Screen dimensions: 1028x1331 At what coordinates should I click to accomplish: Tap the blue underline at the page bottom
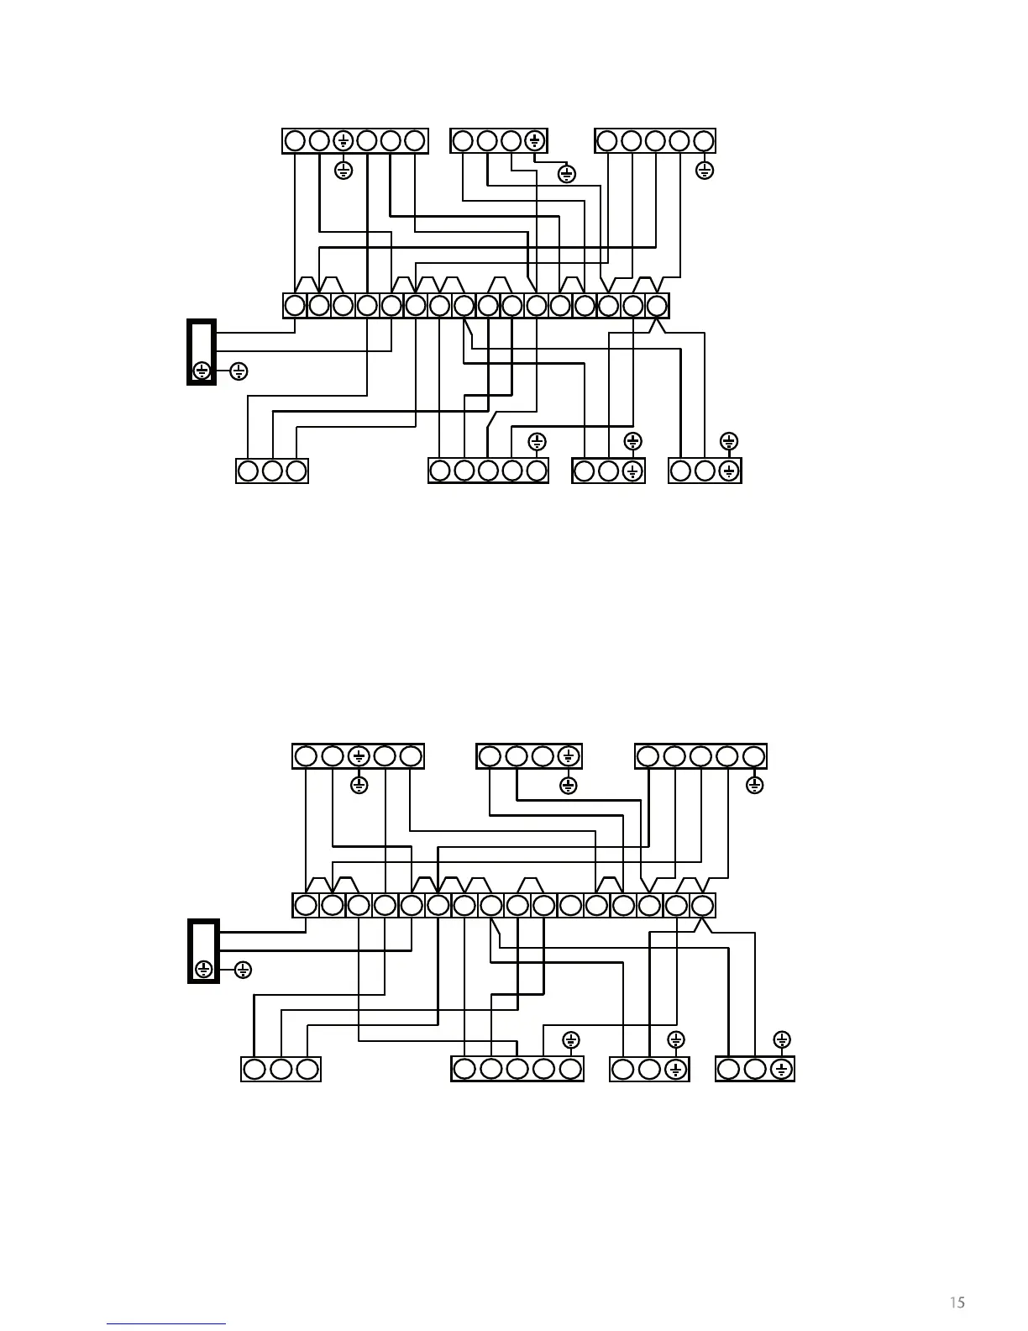pyautogui.click(x=166, y=1323)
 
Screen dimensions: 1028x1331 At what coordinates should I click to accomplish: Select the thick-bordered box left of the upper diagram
pyautogui.click(x=202, y=351)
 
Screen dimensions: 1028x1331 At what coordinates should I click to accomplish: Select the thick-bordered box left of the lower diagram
pyautogui.click(x=202, y=950)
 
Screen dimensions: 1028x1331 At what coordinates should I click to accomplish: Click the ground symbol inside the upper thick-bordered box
pyautogui.click(x=202, y=370)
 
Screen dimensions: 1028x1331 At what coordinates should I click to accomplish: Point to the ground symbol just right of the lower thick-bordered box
pyautogui.click(x=242, y=970)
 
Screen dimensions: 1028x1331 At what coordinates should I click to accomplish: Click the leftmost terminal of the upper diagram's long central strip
pyautogui.click(x=295, y=305)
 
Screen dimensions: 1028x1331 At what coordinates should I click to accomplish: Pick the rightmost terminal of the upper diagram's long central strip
pyautogui.click(x=657, y=305)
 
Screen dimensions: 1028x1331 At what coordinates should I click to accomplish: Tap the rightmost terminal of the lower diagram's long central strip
pyautogui.click(x=702, y=905)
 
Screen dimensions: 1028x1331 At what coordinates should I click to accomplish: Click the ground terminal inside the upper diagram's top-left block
pyautogui.click(x=343, y=140)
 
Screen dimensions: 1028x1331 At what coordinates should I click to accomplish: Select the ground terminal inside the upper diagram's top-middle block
pyautogui.click(x=535, y=140)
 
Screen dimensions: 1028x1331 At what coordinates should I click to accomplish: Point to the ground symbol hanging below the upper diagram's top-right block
pyautogui.click(x=705, y=171)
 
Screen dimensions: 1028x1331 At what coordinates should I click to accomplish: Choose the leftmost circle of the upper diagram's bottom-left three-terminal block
pyautogui.click(x=248, y=471)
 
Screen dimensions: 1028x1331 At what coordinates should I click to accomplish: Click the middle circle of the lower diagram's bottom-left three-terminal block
pyautogui.click(x=281, y=1069)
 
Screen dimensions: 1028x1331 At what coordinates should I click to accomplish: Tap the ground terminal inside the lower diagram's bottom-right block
pyautogui.click(x=781, y=1069)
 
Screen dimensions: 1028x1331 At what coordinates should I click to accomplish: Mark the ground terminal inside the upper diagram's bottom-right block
pyautogui.click(x=729, y=471)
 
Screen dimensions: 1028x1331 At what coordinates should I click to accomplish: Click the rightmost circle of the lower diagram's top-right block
pyautogui.click(x=754, y=756)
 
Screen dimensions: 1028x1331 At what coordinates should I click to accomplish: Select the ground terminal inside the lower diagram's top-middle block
pyautogui.click(x=569, y=756)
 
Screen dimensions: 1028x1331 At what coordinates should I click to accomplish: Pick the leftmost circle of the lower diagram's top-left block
pyautogui.click(x=306, y=756)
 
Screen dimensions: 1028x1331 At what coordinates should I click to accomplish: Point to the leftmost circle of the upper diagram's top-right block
pyautogui.click(x=607, y=140)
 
